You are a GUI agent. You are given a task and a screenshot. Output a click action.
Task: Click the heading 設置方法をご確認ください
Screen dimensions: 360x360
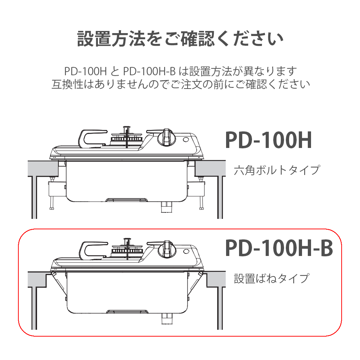(180, 39)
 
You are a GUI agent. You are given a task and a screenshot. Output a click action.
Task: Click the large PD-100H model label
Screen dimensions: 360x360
(269, 140)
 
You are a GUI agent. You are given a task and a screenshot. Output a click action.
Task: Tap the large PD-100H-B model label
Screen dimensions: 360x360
(279, 248)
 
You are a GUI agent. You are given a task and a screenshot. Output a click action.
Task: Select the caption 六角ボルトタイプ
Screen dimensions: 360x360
(276, 170)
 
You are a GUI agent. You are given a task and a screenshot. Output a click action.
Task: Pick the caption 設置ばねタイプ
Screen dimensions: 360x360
(271, 279)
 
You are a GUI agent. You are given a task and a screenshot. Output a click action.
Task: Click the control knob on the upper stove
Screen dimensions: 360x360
(166, 138)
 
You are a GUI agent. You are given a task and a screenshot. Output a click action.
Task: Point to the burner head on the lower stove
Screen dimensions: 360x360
(127, 249)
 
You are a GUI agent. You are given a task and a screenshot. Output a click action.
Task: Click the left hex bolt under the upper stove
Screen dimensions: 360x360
(51, 193)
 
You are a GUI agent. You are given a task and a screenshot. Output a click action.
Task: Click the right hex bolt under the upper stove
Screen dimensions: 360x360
(201, 193)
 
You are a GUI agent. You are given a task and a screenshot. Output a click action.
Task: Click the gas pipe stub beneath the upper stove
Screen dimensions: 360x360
(166, 207)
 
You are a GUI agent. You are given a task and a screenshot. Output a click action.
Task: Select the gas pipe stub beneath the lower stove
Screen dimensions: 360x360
(167, 319)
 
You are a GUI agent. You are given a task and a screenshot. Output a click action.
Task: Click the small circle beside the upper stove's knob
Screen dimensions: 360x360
(186, 140)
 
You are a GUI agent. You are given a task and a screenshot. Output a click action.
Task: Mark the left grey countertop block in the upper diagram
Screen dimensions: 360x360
(43, 168)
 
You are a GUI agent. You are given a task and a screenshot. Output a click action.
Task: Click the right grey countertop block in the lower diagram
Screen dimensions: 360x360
(216, 279)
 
